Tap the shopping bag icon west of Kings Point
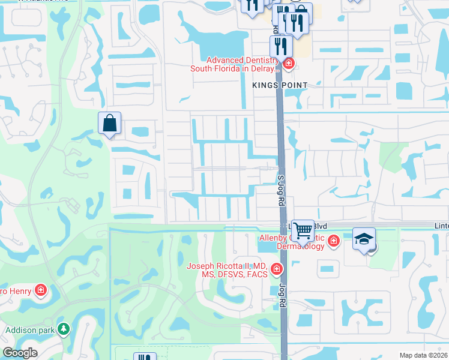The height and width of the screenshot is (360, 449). (110, 124)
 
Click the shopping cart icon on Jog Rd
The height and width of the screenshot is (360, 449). (303, 229)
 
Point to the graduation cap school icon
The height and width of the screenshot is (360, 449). (364, 239)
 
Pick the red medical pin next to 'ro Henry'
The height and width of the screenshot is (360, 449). (40, 291)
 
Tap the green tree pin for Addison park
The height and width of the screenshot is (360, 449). (62, 329)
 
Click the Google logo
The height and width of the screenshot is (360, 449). (20, 353)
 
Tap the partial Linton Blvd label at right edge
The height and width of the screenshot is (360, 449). (441, 224)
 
